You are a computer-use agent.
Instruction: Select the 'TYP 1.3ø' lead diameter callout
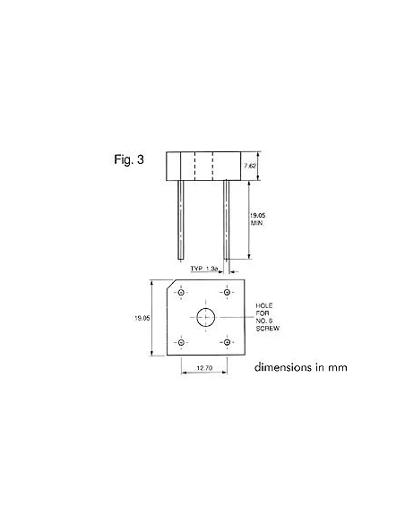[x=205, y=268]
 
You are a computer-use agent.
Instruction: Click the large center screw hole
[x=205, y=316]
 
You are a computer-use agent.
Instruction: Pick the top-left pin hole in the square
[x=181, y=292]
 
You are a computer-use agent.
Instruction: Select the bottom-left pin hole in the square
[x=181, y=341]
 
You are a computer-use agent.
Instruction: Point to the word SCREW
[x=268, y=330]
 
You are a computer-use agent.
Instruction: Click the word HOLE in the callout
[x=264, y=306]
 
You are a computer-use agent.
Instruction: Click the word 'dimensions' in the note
[x=284, y=367]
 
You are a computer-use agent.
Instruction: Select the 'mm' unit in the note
[x=336, y=367]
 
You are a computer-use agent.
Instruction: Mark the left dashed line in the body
[x=194, y=165]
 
